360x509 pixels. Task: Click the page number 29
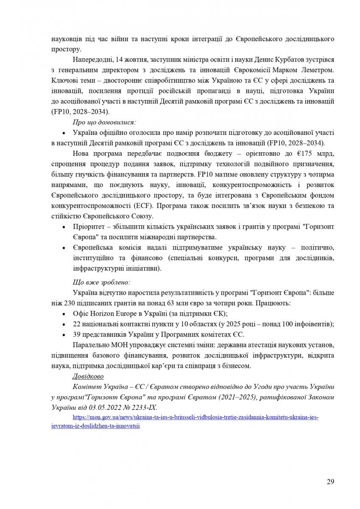tap(330, 481)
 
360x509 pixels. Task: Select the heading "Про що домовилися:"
tap(104, 122)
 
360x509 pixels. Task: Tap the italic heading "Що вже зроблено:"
tap(101, 282)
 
